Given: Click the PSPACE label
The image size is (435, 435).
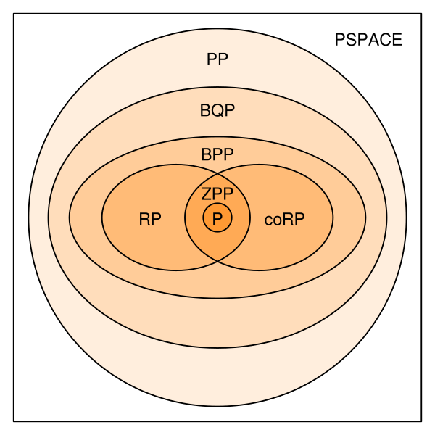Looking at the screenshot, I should point(368,41).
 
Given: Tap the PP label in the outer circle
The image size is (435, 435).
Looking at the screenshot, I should point(217,60).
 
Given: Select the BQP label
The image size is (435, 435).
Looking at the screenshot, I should point(217,111).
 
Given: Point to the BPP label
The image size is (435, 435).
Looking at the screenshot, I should point(217,155).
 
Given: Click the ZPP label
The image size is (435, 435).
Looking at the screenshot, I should point(217,194).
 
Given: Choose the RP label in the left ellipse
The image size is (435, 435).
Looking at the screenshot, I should point(149,220).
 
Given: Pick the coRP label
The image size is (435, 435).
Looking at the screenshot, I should point(284,220).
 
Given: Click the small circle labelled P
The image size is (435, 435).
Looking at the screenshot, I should point(217,217).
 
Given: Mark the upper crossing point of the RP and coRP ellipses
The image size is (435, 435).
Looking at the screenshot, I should point(217,174).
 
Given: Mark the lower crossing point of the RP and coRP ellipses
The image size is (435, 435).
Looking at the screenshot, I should point(217,261).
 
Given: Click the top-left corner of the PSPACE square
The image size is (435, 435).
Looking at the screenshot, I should point(14,14).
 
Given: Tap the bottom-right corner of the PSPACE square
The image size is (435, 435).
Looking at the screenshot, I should point(421,420).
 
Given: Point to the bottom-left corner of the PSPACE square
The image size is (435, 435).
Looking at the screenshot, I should point(14,420).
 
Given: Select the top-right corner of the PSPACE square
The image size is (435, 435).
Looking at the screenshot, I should point(421,14).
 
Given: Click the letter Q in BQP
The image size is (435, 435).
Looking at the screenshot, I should point(217,111).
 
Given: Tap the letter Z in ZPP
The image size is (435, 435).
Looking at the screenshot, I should point(207,194).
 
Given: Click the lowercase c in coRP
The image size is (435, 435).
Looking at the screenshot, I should point(268,220).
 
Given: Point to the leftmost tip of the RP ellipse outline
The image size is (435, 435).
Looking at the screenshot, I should point(102,217).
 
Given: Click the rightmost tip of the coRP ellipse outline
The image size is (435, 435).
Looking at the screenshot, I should point(333,217).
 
